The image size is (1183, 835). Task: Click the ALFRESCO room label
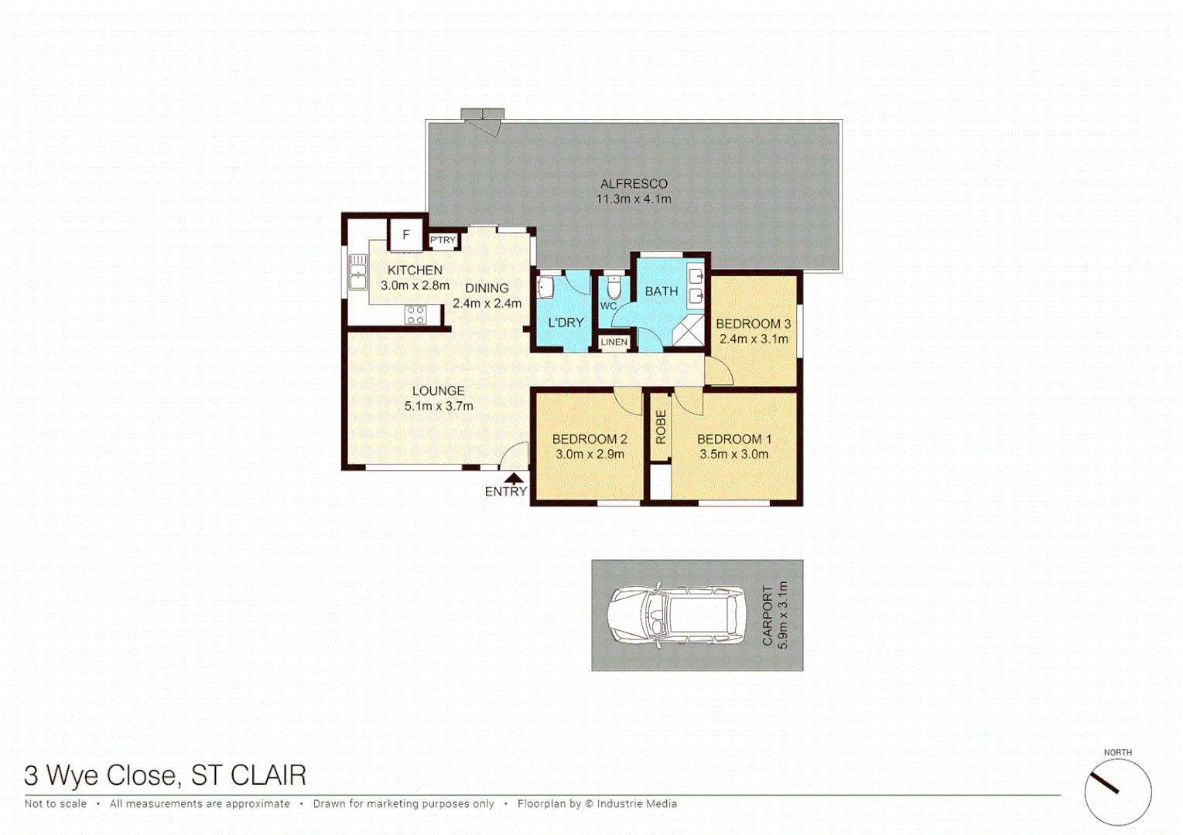(634, 184)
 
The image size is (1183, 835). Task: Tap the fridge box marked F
(405, 235)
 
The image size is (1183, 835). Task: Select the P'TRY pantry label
(443, 240)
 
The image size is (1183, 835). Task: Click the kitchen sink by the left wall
(357, 272)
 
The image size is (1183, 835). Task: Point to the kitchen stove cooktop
(415, 315)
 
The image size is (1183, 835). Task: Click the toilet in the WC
(614, 288)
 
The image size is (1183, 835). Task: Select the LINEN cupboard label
(614, 342)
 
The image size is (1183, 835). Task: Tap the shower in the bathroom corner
(688, 330)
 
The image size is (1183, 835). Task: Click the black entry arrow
(514, 479)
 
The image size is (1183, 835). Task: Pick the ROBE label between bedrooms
(661, 427)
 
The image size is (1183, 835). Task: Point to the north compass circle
(1117, 792)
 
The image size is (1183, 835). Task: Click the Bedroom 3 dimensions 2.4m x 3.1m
(754, 339)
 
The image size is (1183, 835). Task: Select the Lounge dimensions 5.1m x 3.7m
(439, 406)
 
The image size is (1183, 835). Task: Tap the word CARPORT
(768, 615)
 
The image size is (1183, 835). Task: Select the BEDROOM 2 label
(590, 439)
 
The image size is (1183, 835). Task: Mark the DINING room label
(487, 288)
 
